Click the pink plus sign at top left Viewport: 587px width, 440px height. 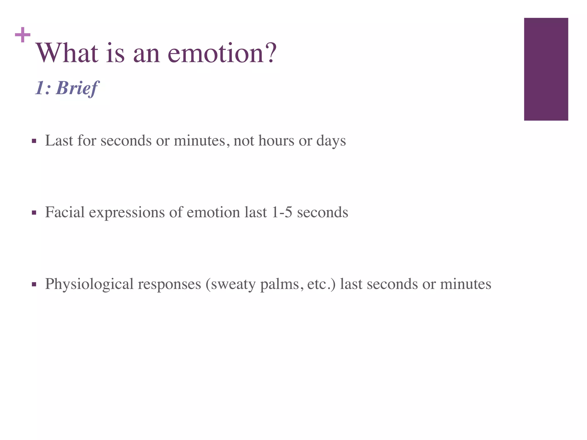[23, 35]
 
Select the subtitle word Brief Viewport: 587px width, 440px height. [78, 88]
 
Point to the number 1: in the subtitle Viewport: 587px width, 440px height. [43, 88]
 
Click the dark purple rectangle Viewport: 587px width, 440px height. [546, 69]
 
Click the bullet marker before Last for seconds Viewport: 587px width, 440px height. [34, 141]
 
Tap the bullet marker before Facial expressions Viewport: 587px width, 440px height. [34, 213]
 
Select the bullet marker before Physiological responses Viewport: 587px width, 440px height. [34, 284]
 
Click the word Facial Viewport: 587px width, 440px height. [65, 212]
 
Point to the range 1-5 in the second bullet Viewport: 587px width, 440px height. [281, 212]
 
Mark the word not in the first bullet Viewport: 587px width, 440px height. [244, 141]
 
